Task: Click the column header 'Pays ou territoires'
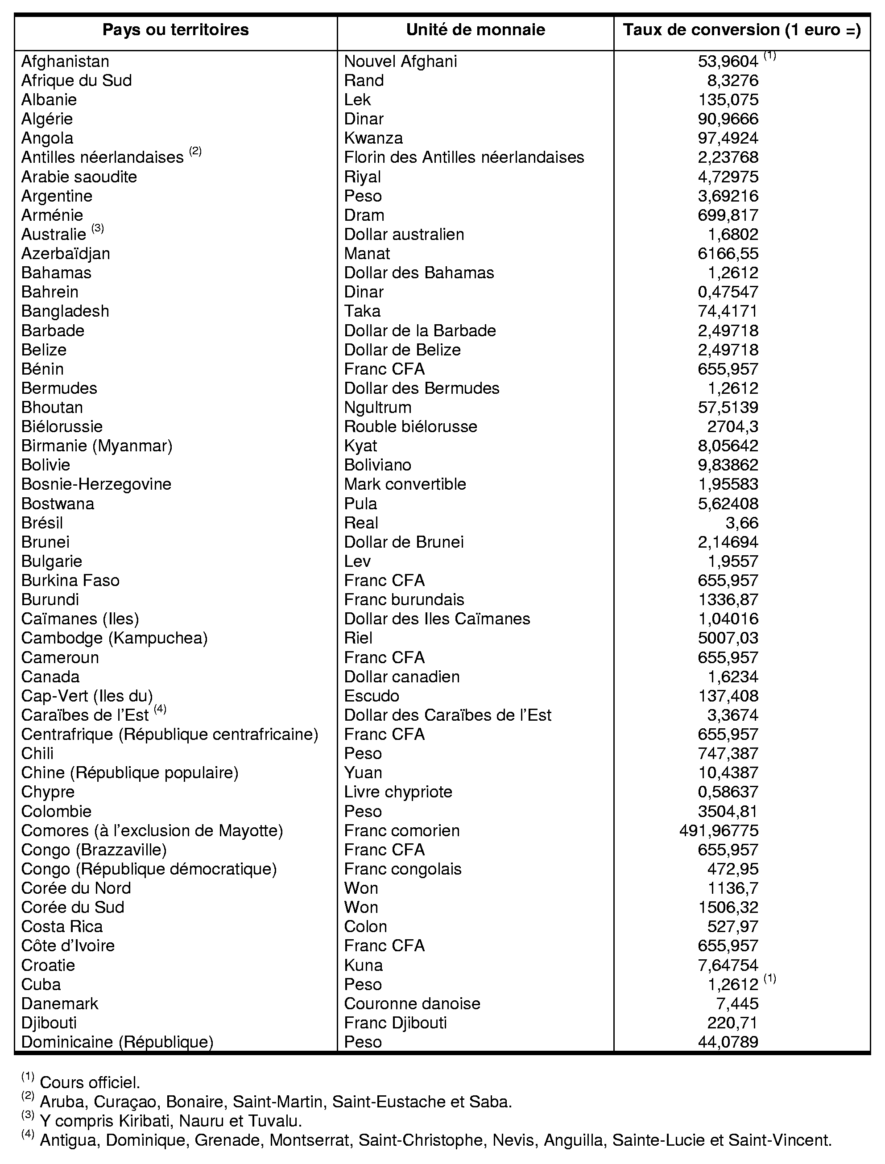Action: click(175, 30)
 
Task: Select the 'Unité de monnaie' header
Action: click(475, 30)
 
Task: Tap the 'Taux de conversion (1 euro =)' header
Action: click(742, 30)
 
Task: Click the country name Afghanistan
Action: click(65, 62)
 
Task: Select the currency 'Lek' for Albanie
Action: click(357, 100)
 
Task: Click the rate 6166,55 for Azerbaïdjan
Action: click(728, 254)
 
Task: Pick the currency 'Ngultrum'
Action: click(378, 408)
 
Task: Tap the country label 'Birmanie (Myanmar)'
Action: click(97, 446)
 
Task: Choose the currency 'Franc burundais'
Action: click(404, 600)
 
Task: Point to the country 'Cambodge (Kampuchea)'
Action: click(114, 638)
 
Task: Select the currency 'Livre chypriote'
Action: click(398, 792)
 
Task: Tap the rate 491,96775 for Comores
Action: click(719, 830)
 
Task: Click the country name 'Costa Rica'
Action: click(62, 926)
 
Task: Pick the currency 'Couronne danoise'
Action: click(412, 1003)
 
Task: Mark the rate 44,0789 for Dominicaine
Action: click(728, 1042)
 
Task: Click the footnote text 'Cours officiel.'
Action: click(90, 1083)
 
